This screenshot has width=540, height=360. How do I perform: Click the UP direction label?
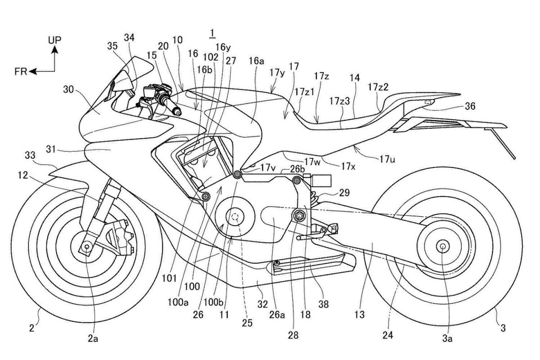(x=54, y=40)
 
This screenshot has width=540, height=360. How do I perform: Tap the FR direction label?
(x=20, y=71)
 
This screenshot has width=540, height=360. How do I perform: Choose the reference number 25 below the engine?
(x=247, y=322)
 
